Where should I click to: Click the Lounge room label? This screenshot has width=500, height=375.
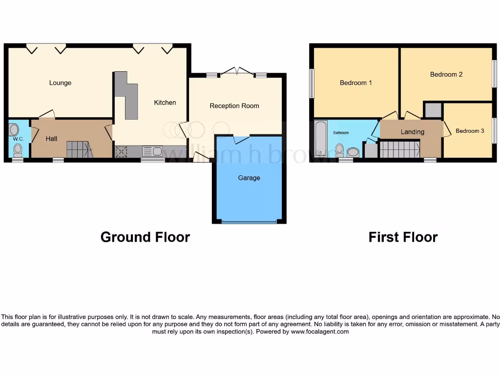click(x=60, y=83)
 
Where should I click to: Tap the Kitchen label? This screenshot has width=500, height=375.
click(x=165, y=103)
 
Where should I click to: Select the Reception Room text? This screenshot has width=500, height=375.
click(x=234, y=106)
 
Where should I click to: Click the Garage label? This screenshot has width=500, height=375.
click(x=249, y=178)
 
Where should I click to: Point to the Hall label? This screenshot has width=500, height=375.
click(x=51, y=139)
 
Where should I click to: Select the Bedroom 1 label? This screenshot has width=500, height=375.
click(x=355, y=83)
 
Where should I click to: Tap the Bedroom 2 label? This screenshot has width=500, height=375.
click(x=446, y=75)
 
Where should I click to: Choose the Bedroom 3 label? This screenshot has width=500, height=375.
click(x=470, y=131)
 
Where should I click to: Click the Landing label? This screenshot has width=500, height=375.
click(x=412, y=132)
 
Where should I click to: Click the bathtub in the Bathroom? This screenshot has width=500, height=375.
click(x=320, y=139)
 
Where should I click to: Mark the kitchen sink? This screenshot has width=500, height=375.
click(x=152, y=151)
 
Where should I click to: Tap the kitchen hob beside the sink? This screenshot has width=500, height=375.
click(x=121, y=152)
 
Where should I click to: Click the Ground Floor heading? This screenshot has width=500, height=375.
click(x=145, y=237)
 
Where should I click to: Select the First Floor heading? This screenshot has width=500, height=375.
click(x=403, y=237)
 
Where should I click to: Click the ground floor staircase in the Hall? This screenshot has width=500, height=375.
click(x=78, y=149)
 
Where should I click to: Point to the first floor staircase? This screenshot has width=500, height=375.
click(x=399, y=149)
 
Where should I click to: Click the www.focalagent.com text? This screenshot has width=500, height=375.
click(x=320, y=332)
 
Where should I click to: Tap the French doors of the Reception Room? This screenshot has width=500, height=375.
click(x=237, y=72)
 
